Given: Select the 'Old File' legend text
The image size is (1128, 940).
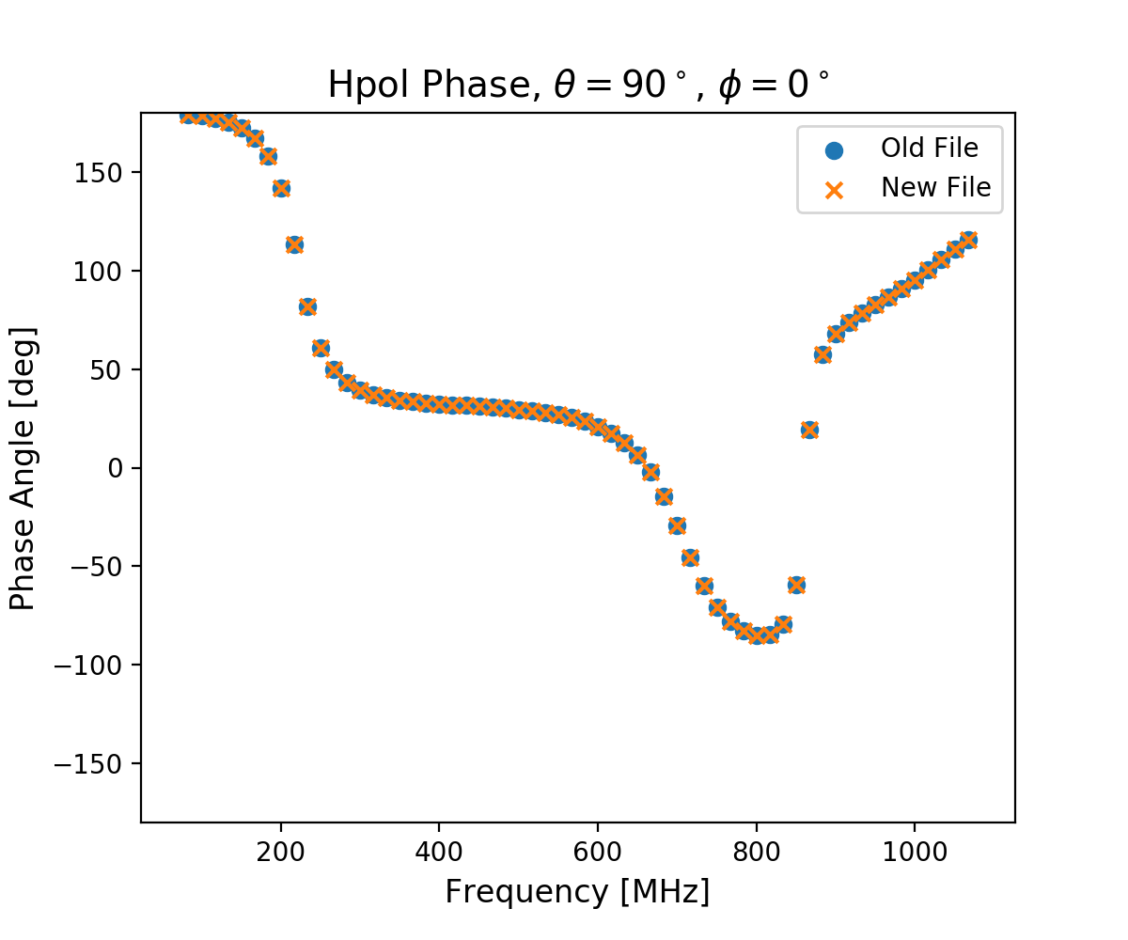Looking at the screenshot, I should click(929, 149).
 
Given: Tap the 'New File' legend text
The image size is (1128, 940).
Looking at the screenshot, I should click(935, 188).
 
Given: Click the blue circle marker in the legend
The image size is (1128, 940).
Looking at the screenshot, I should click(832, 149).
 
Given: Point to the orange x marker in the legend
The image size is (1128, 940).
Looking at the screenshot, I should click(832, 189).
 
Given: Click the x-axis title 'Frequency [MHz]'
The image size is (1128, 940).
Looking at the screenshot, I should click(577, 891).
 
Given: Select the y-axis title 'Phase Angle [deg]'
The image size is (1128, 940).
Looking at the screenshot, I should click(23, 468).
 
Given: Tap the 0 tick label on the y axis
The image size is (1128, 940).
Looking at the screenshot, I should click(117, 468).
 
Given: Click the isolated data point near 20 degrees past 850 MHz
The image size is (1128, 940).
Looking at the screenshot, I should click(809, 430).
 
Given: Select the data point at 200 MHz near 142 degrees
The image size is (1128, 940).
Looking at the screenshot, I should click(281, 188).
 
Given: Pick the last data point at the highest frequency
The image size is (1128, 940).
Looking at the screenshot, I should click(968, 240).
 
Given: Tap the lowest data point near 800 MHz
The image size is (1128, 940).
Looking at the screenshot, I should click(756, 635).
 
